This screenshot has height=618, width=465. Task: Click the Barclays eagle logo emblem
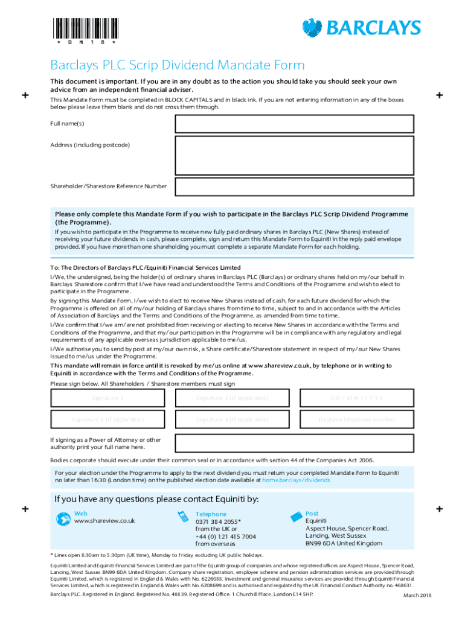click(313, 28)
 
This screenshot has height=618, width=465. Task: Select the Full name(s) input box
click(294, 124)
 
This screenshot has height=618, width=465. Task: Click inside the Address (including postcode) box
click(294, 155)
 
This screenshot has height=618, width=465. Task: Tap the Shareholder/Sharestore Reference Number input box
click(294, 186)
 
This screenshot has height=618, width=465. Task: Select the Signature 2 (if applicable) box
click(232, 398)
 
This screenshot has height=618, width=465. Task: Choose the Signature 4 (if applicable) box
click(232, 419)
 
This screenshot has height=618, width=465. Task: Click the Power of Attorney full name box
click(294, 444)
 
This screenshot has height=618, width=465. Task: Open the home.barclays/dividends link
click(296, 480)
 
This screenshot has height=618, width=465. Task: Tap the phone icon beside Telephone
click(182, 517)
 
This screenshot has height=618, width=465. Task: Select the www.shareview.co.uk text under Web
click(104, 521)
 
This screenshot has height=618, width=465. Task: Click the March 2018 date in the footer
click(418, 596)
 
